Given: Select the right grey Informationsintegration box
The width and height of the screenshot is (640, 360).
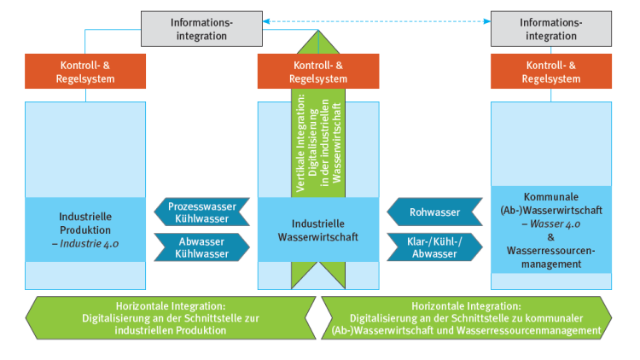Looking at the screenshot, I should point(550,28).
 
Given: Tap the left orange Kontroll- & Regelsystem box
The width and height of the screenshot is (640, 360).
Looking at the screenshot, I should point(87,71).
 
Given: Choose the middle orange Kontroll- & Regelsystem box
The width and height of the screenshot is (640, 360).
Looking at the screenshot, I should point(318,71).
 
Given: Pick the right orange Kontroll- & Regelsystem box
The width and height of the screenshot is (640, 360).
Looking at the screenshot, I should point(550,71).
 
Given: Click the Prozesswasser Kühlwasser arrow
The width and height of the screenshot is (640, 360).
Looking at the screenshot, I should point(202,212).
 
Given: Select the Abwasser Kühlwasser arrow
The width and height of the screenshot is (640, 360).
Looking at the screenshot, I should point(202,247).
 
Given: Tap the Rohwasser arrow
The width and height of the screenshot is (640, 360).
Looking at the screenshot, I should point(434,212).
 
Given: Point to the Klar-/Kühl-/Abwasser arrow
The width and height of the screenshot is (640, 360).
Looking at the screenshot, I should point(434,247).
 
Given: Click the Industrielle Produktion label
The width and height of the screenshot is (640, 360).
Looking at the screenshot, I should point(86,223).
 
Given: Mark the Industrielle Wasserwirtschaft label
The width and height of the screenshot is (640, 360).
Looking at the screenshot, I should point(318,229).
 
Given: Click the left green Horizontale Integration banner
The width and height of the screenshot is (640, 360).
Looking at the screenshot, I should point(170,317).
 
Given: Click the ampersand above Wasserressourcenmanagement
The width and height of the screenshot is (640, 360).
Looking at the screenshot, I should point(550,237).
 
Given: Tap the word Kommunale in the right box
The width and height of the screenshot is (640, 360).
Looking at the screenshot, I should point(550,196).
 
